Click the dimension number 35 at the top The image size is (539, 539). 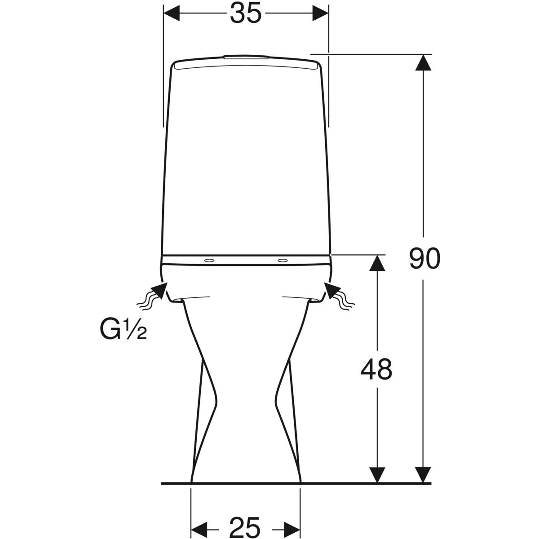point(245,13)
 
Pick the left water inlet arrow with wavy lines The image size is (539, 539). point(152,296)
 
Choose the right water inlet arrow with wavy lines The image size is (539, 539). point(339,296)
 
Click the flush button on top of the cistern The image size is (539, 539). point(246,57)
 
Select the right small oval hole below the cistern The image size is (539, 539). point(283,261)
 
